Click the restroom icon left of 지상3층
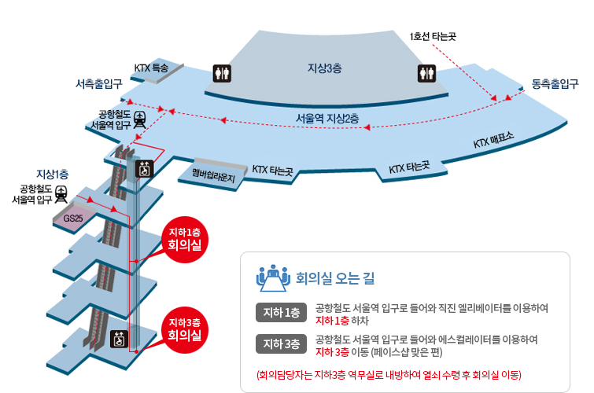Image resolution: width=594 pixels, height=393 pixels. pos(222,73)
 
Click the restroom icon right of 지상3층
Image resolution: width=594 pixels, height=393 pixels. pos(426,73)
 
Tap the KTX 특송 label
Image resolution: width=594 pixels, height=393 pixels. pos(151,68)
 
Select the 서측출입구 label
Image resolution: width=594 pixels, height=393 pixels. pos(99,83)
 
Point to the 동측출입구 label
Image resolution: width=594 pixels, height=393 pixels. pos(555,83)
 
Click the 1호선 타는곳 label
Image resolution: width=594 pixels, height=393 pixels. pos(433,36)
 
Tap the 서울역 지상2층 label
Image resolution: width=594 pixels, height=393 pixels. pos(327,119)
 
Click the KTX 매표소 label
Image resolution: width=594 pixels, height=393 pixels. pos(493,140)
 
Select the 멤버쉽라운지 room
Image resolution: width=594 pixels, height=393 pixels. pos(213,174)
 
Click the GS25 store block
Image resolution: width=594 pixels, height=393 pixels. pos(73,218)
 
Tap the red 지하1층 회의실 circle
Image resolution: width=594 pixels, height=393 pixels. pos(184,239)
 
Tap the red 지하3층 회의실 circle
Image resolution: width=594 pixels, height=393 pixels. pos(184,330)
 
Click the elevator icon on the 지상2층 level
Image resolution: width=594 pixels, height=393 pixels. pos(144,169)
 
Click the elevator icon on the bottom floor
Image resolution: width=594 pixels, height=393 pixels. pos(119,339)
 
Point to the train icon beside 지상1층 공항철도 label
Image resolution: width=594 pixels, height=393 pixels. pos(61,194)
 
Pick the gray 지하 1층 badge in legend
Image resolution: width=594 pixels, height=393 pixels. pos(281,312)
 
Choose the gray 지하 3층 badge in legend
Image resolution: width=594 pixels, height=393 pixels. pos(281,343)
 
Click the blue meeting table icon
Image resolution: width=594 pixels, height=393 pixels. pos(273,278)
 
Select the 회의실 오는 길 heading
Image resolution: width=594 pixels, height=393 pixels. pos(335,278)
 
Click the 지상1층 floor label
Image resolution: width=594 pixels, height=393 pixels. pos(52,174)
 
